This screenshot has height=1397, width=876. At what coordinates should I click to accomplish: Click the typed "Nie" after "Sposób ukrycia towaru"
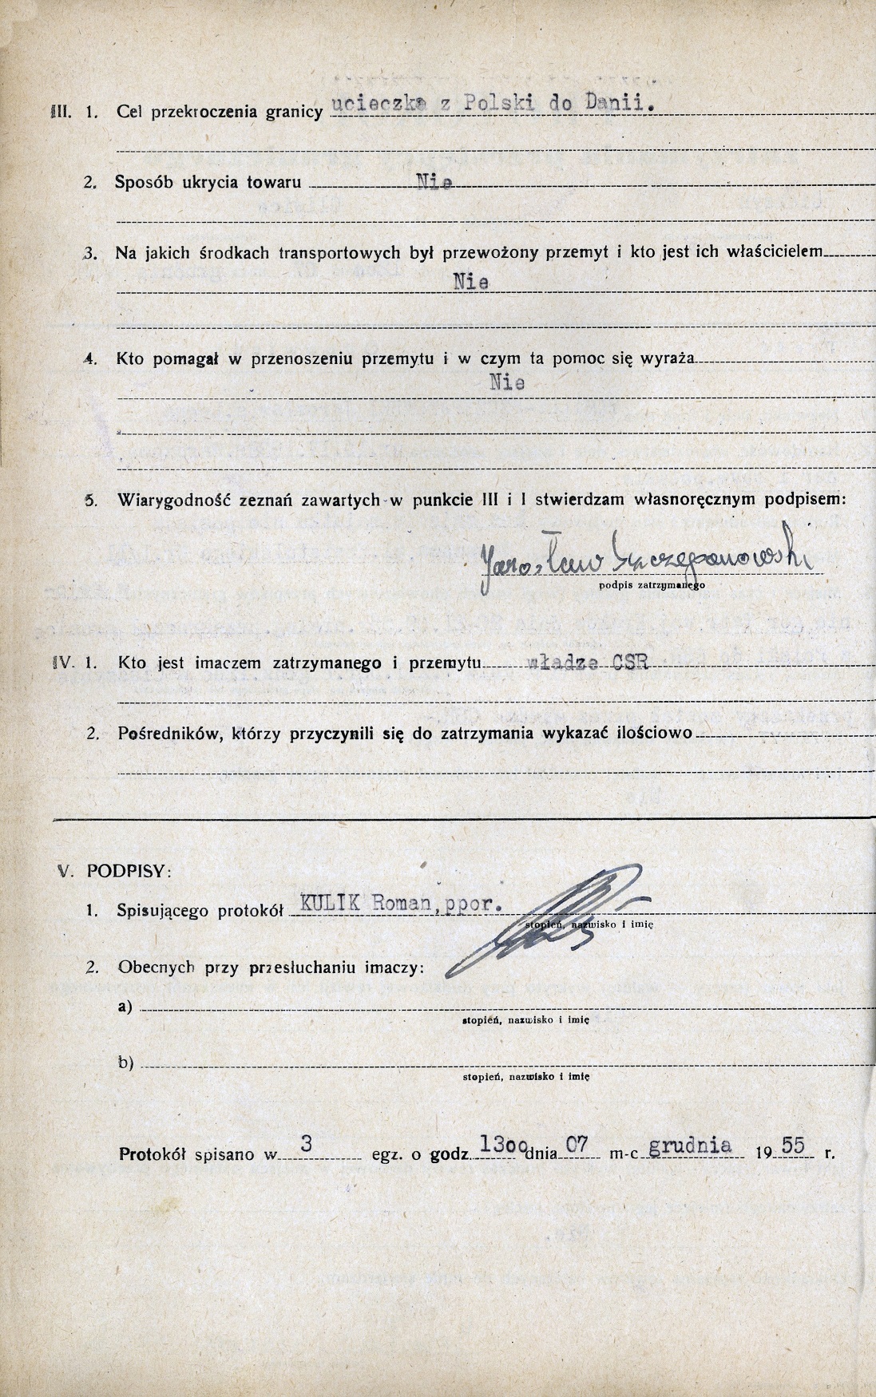(x=435, y=183)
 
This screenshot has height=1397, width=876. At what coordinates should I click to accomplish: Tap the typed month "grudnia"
(x=690, y=1146)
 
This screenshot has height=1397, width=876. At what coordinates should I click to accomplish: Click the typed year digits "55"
(x=793, y=1146)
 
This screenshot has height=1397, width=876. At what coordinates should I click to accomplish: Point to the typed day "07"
(x=577, y=1145)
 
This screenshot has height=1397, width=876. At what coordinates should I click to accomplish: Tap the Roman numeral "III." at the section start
(x=61, y=112)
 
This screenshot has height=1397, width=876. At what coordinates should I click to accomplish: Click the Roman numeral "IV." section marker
(x=62, y=662)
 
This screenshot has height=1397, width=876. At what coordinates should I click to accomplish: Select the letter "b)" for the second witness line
(x=125, y=1063)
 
